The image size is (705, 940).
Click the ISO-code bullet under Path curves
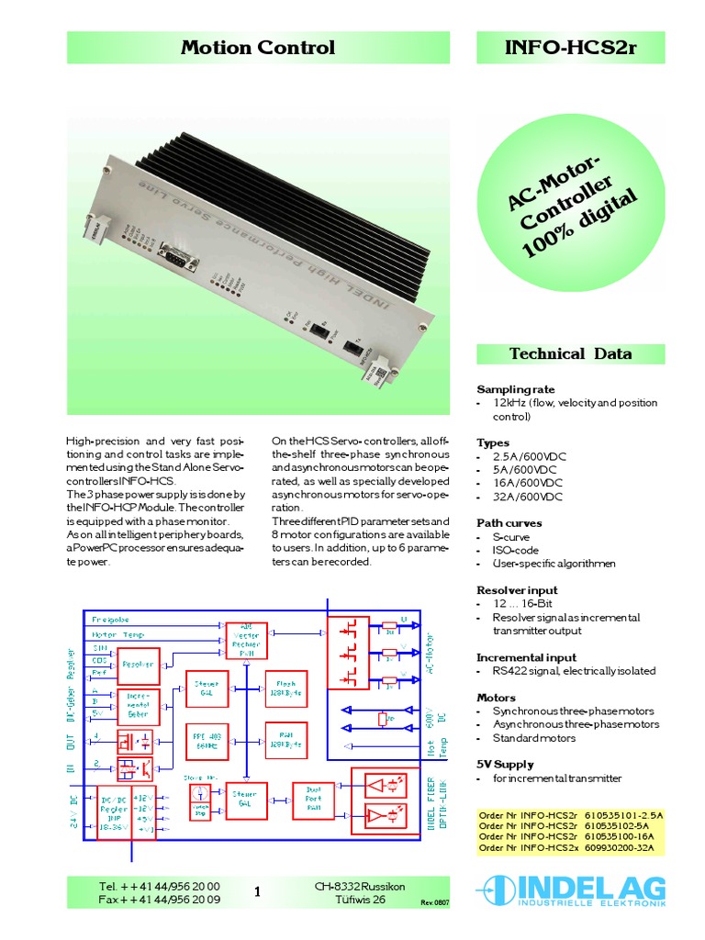point(516,550)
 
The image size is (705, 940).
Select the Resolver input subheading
point(517,590)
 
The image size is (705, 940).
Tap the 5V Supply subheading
point(505,764)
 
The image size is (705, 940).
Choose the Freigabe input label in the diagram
point(110,620)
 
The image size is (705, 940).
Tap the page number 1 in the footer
point(258,891)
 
